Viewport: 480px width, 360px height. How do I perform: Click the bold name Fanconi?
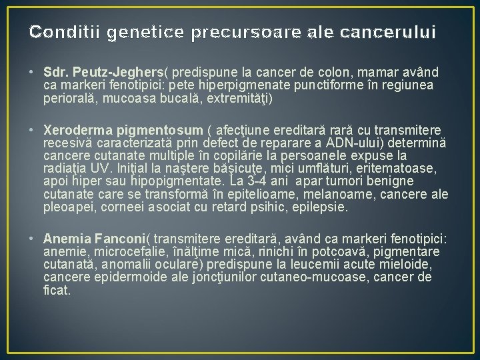click(116, 239)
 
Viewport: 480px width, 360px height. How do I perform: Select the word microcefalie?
click(125, 252)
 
